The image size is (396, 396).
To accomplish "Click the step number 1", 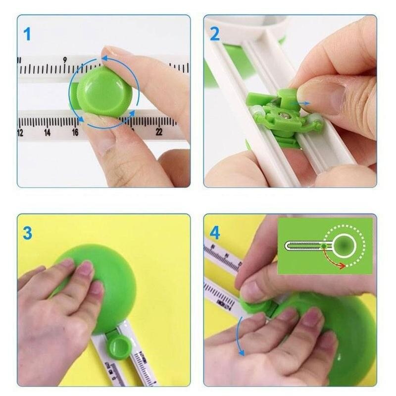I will (27, 34).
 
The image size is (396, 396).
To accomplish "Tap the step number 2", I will (215, 34).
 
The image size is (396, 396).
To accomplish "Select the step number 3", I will (27, 232).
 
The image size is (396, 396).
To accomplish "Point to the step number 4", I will (215, 232).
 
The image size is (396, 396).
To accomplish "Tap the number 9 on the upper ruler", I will (64, 60).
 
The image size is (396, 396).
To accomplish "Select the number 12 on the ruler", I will (20, 133).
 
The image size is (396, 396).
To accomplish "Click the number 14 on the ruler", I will (47, 133).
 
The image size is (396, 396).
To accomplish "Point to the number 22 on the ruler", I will (159, 132).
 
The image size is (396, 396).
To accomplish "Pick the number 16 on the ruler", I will (75, 133).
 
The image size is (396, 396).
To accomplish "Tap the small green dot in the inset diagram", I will (323, 245).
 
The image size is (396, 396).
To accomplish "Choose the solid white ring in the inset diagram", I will (344, 245).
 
